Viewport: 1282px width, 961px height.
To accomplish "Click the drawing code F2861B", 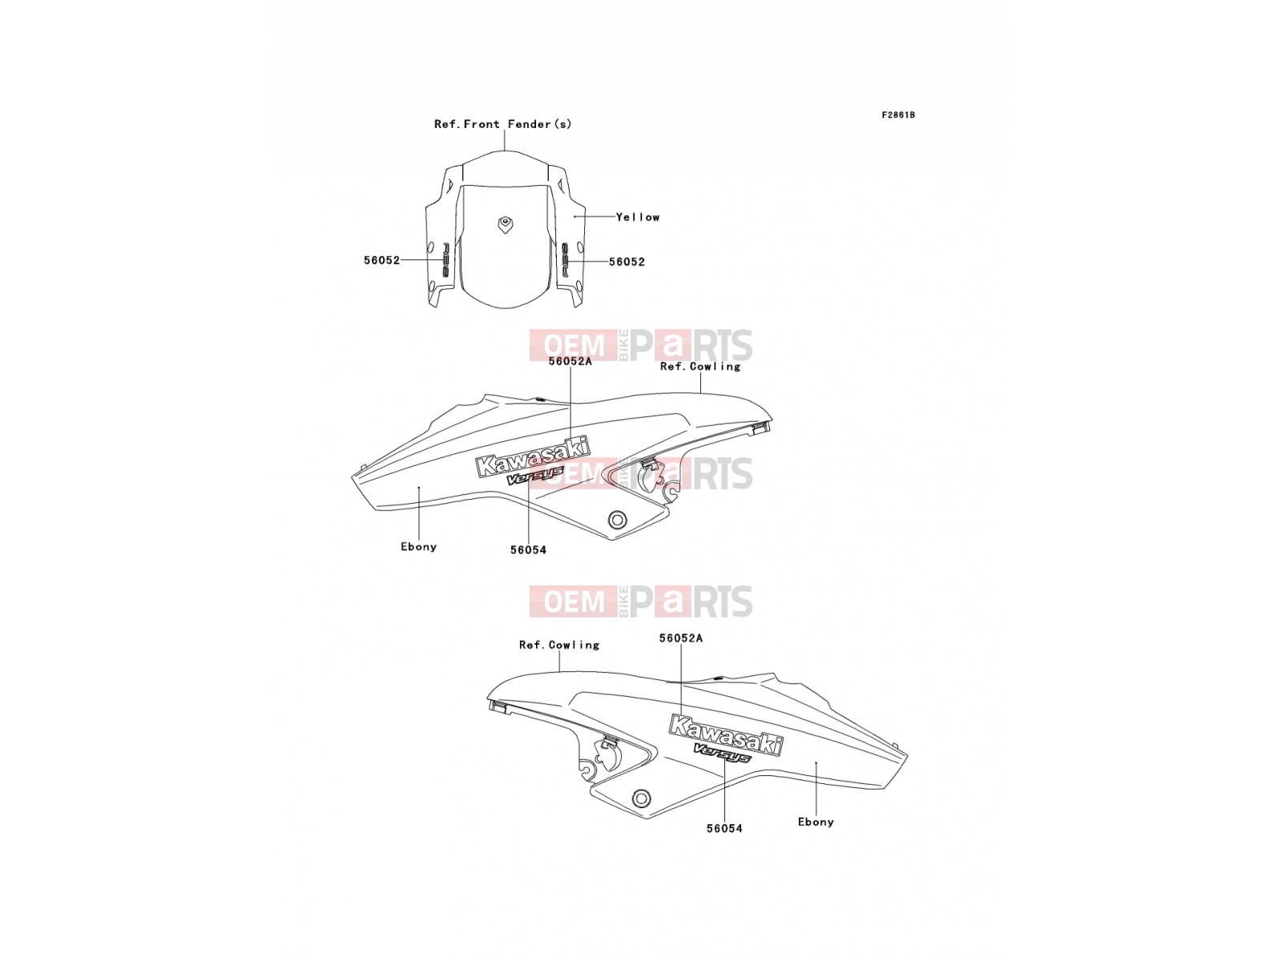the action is pyautogui.click(x=897, y=115).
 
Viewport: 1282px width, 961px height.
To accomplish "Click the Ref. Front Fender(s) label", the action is pyautogui.click(x=503, y=123).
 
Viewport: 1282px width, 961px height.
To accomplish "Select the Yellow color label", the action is pyautogui.click(x=638, y=217).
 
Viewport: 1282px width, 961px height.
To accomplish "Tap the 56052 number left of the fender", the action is pyautogui.click(x=382, y=260).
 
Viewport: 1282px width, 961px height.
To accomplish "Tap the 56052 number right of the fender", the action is pyautogui.click(x=627, y=262).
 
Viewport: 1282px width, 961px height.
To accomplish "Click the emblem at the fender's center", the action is pyautogui.click(x=506, y=224).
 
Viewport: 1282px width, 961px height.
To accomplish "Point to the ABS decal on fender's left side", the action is pyautogui.click(x=445, y=260).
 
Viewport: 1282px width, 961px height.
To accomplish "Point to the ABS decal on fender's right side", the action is pyautogui.click(x=565, y=261).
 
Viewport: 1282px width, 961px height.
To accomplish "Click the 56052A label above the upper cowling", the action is pyautogui.click(x=570, y=361).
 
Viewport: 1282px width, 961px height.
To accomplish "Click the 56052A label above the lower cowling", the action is pyautogui.click(x=681, y=638).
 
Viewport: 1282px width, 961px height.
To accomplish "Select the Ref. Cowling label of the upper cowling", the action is pyautogui.click(x=700, y=367).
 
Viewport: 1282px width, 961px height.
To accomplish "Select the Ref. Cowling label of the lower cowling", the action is pyautogui.click(x=559, y=645).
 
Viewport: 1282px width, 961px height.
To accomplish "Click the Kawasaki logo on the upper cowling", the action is pyautogui.click(x=533, y=456).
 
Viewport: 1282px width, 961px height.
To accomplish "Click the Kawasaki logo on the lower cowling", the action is pyautogui.click(x=725, y=735).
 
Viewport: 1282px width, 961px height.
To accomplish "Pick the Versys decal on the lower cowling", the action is pyautogui.click(x=722, y=754).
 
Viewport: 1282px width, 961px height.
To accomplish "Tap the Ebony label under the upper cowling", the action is pyautogui.click(x=419, y=547).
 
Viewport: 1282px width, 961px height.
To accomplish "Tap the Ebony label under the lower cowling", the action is pyautogui.click(x=816, y=822).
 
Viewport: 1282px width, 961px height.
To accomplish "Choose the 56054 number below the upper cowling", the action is pyautogui.click(x=528, y=549).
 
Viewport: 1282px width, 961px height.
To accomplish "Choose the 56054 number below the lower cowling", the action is pyautogui.click(x=724, y=828).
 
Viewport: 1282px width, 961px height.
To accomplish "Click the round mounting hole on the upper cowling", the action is pyautogui.click(x=617, y=519).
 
